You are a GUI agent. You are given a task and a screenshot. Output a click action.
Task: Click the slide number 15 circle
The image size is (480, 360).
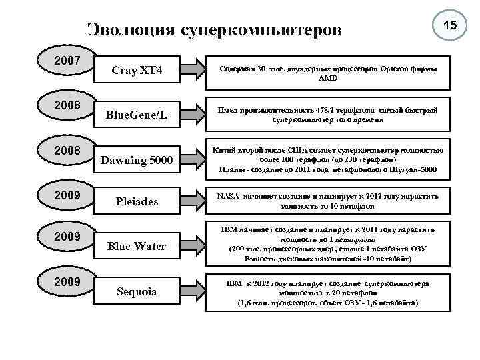pos(450,25)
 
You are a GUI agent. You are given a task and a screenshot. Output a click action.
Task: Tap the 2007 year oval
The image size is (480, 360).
pos(67,61)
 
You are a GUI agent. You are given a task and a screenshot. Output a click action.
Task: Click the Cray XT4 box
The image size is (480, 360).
pos(137,69)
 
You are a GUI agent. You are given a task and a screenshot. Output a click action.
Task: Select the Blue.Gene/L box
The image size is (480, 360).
pos(137,115)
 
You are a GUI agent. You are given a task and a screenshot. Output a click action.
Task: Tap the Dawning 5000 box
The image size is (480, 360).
pos(137,160)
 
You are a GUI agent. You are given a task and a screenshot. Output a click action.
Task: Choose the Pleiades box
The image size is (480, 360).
pos(137,201)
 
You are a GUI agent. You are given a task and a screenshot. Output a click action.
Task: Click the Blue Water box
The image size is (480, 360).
pos(137,246)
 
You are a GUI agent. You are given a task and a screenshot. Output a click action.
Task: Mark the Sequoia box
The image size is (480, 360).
pos(137,292)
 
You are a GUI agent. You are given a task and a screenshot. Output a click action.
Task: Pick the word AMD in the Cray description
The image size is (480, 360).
pos(328,78)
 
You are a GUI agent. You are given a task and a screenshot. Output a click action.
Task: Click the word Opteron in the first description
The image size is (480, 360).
pos(387,69)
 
